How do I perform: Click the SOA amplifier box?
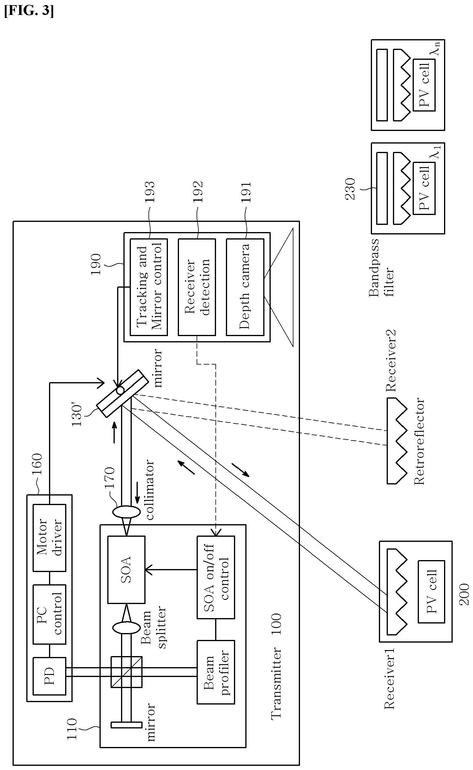[x=126, y=570]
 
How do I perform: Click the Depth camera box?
[x=245, y=287]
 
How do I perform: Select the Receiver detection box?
[x=197, y=287]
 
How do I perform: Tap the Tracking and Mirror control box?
[x=149, y=287]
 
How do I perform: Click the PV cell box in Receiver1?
[x=431, y=591]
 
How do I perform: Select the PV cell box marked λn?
[x=424, y=85]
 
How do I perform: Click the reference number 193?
[x=149, y=192]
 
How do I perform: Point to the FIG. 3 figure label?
[x=29, y=11]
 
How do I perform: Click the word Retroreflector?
[x=420, y=442]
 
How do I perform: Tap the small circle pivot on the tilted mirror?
[x=120, y=390]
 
